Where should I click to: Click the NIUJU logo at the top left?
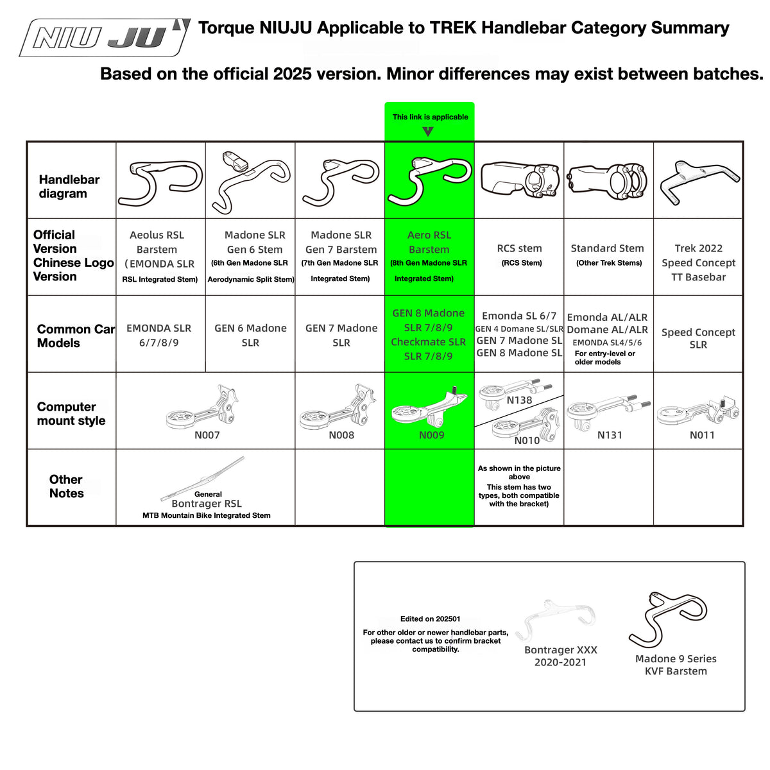coord(105,37)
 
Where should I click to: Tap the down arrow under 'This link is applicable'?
coord(428,132)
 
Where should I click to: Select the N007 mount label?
coord(207,435)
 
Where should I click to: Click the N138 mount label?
coord(519,400)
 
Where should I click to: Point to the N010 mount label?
coord(527,440)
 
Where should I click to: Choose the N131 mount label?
coord(610,435)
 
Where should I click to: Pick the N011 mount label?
coord(702,435)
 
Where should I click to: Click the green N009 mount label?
coord(432,435)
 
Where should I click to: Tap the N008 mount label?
coord(341,435)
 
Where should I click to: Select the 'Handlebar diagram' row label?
coord(69,187)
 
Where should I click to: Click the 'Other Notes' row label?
coord(66,486)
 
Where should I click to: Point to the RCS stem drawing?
coord(519,180)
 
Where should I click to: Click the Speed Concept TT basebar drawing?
coord(699,182)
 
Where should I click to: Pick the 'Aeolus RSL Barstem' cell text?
coord(157,242)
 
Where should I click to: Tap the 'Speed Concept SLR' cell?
coord(698,338)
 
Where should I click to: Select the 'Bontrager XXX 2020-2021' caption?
coord(561,656)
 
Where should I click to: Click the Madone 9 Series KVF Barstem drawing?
coord(667,620)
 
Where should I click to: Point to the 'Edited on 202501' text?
coord(431,619)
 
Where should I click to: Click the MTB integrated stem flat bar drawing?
coord(202,478)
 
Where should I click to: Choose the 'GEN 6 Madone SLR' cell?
coord(250,335)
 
